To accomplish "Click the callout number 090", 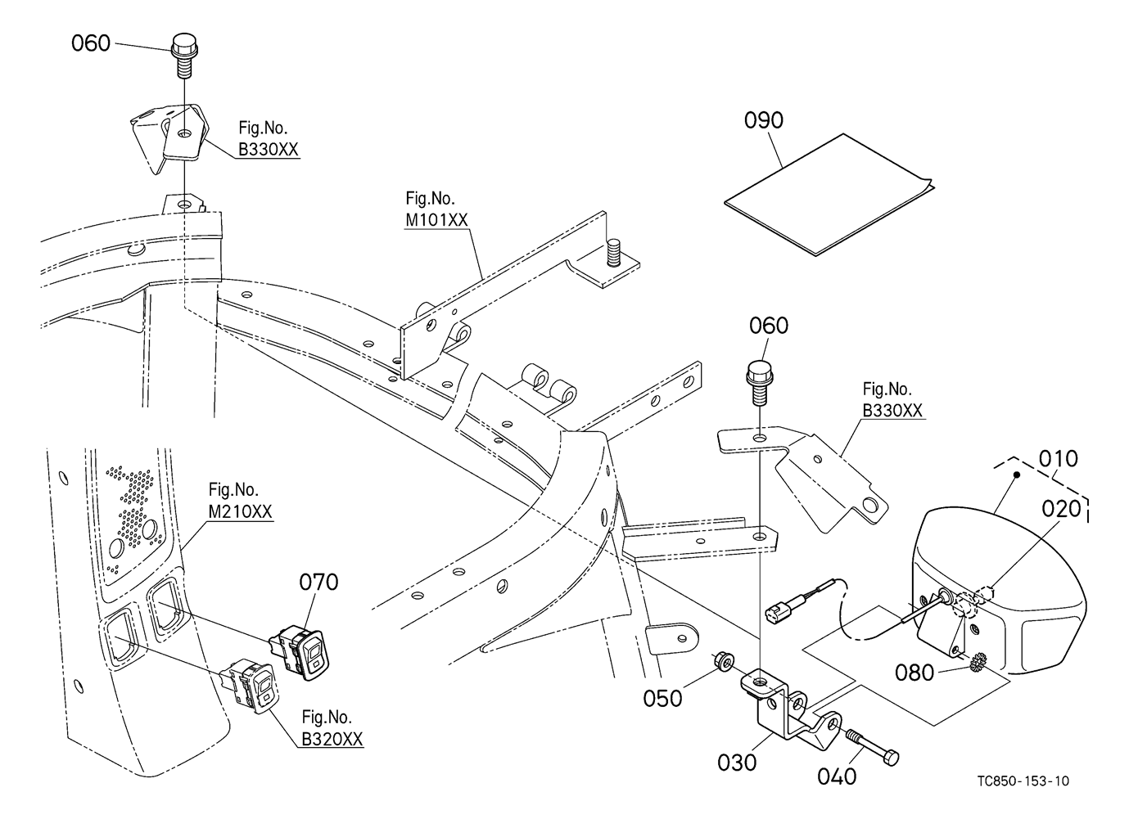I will (x=763, y=120).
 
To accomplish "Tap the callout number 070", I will (x=318, y=583).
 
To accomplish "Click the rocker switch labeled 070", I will (x=305, y=653).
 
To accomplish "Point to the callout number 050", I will (x=662, y=698).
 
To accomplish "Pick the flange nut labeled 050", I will (x=722, y=660).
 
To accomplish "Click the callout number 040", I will (x=837, y=775).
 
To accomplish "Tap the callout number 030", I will (x=737, y=763).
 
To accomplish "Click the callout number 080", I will (x=914, y=673).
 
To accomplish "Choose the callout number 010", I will (x=1058, y=458).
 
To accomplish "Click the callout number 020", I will (x=1061, y=508).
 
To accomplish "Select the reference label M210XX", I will (x=240, y=511).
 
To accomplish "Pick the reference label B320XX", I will (x=332, y=739).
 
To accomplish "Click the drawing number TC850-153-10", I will (x=1023, y=781).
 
